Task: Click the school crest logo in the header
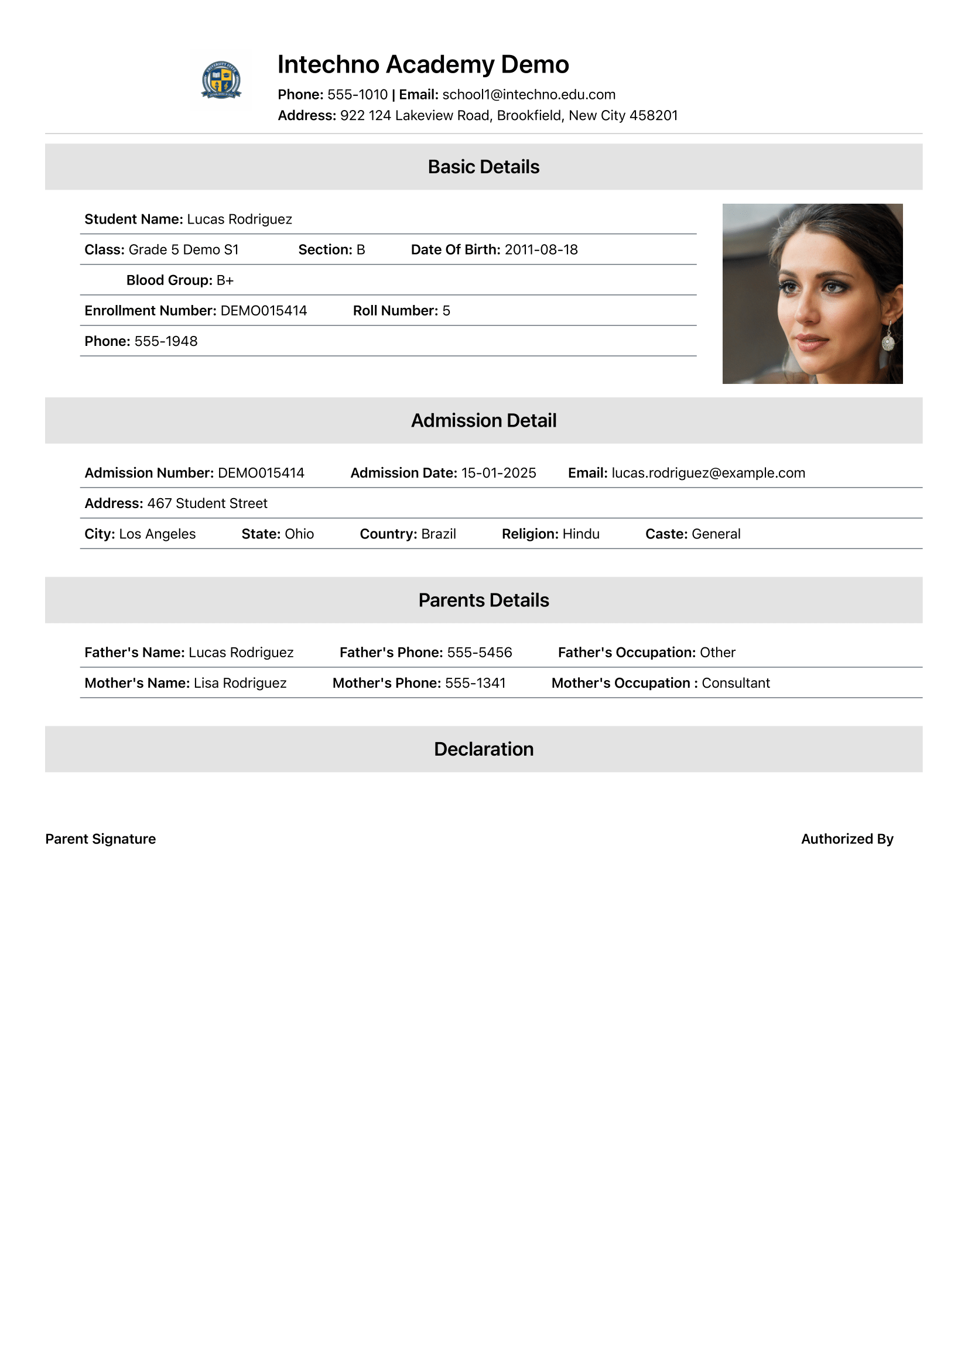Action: pos(221,79)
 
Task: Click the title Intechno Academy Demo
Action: pos(423,64)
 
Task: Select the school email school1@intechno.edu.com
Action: pos(528,95)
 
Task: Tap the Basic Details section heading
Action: pos(483,167)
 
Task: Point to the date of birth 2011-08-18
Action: pos(541,250)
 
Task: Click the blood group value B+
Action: pos(225,280)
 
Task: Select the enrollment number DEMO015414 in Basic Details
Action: pos(264,311)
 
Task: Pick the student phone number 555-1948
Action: pos(166,341)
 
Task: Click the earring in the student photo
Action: pos(888,341)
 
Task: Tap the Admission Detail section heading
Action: pos(483,421)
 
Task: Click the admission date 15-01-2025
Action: pos(498,473)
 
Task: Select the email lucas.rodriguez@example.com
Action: pos(708,473)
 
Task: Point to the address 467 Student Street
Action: pos(207,503)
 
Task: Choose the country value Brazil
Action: pos(439,534)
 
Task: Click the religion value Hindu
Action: pos(581,534)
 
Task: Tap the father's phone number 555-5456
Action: pos(480,652)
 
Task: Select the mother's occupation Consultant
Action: pos(736,682)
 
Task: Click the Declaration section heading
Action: pos(483,750)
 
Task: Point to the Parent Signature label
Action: pos(100,839)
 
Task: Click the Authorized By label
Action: pos(847,839)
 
